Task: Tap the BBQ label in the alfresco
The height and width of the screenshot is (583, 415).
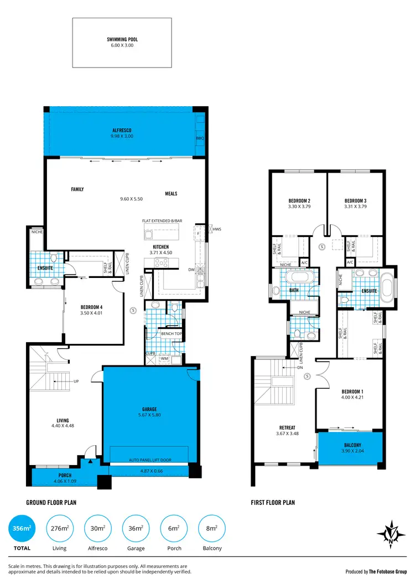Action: (200, 138)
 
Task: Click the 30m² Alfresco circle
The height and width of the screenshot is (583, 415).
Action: (97, 529)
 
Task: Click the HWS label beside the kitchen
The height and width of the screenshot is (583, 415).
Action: (216, 228)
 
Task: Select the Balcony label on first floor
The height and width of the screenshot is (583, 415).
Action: (352, 445)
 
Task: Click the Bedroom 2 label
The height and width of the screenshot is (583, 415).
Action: (299, 200)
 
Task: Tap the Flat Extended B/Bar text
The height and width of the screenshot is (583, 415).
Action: (162, 221)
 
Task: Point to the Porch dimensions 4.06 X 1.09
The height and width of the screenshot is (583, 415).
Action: (65, 481)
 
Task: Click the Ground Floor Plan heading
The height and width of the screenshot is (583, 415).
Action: (51, 503)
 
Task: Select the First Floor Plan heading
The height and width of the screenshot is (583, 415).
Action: (273, 503)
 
